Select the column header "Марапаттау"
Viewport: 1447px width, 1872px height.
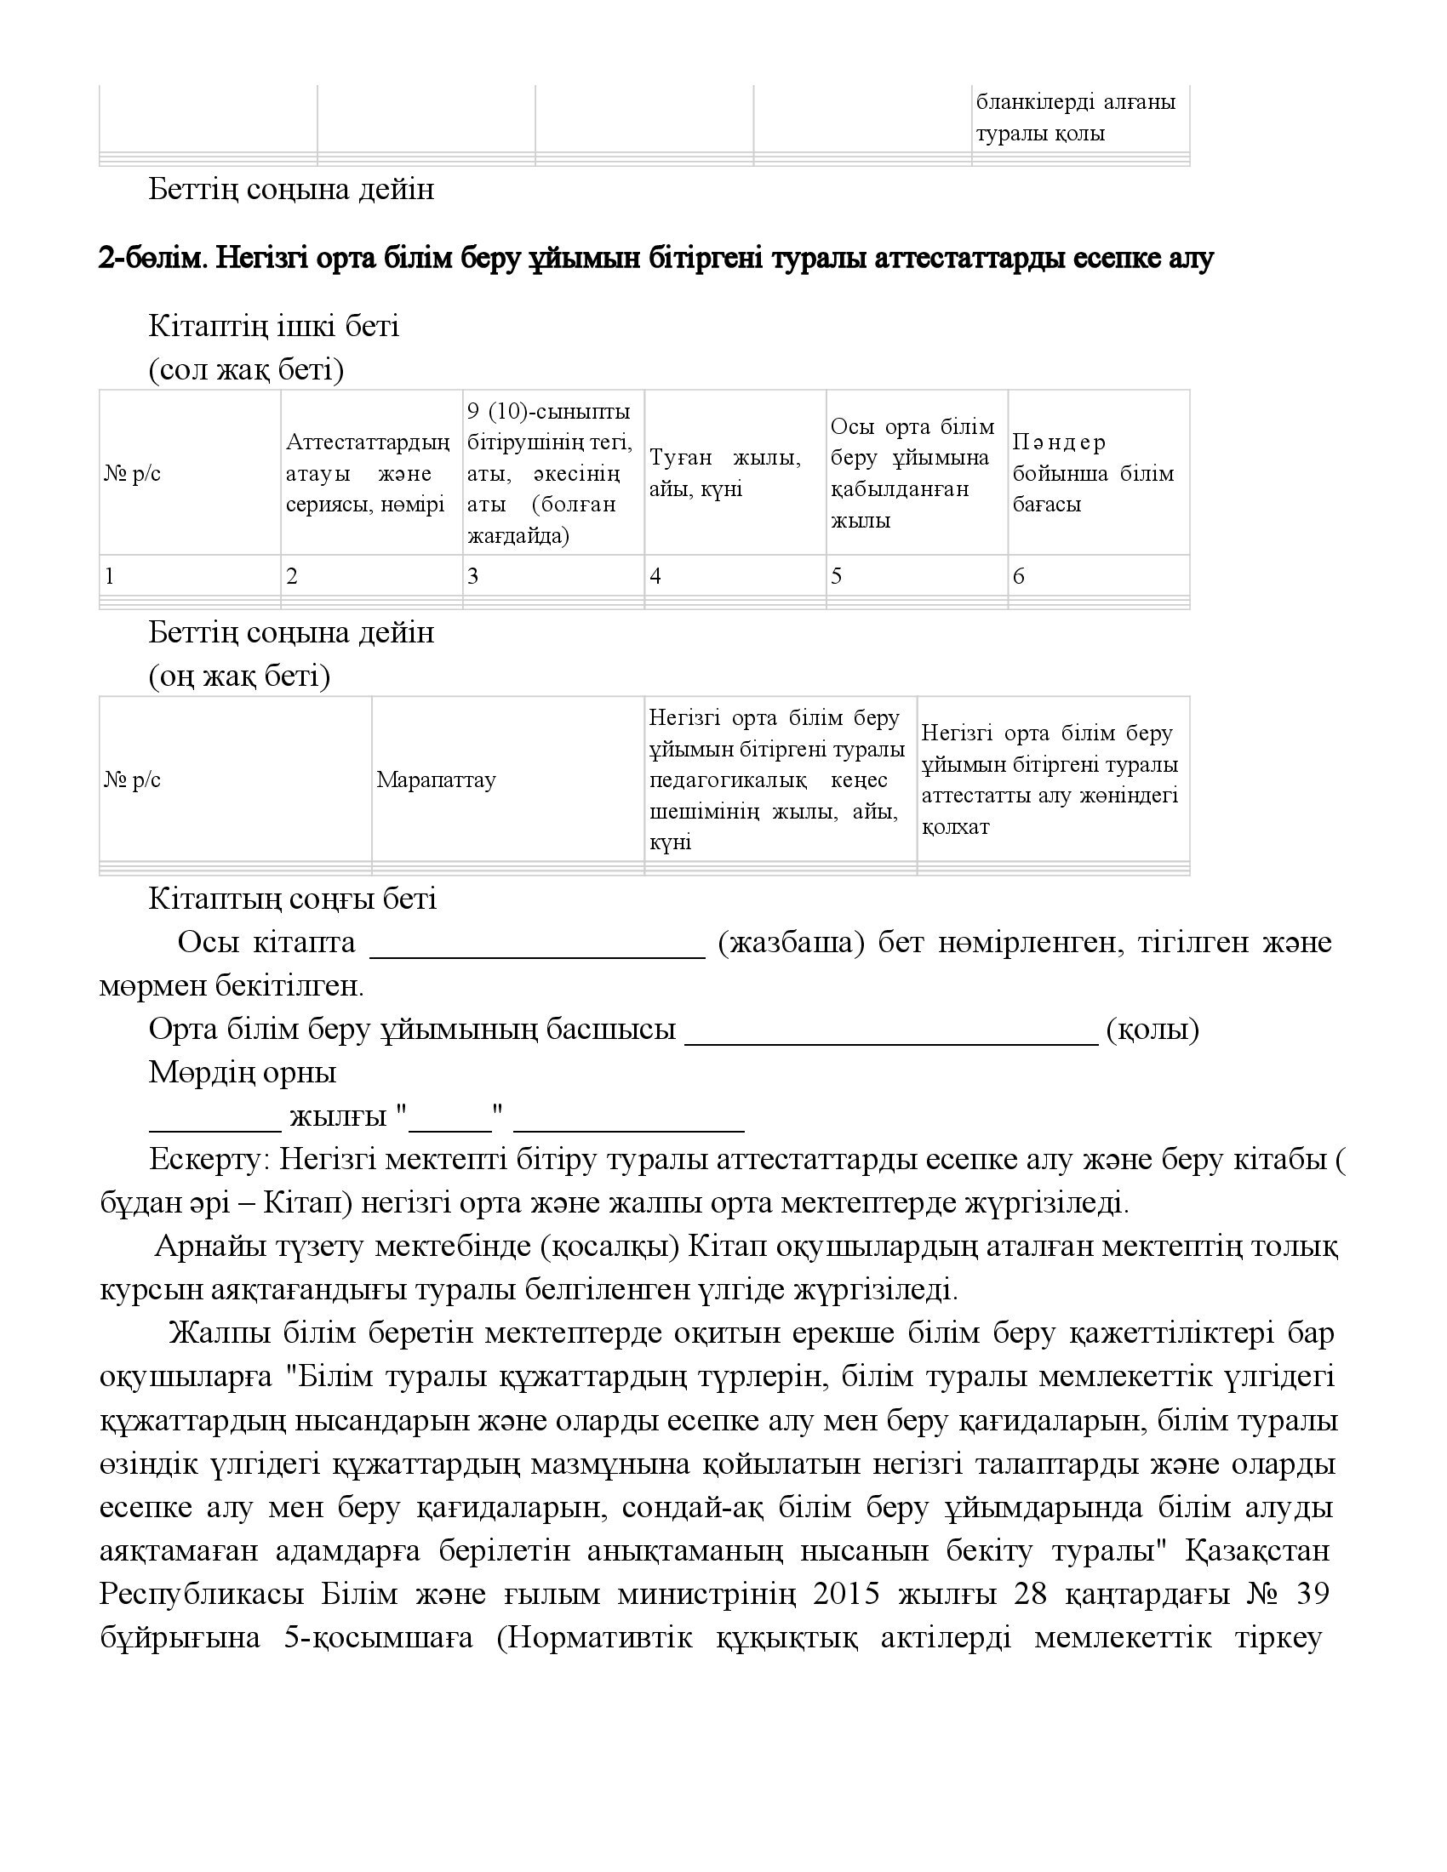(437, 780)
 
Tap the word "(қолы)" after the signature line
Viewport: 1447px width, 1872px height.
(1152, 1029)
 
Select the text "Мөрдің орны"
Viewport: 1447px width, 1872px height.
(243, 1072)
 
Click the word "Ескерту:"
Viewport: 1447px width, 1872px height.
(210, 1160)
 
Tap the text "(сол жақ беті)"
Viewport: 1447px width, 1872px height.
(246, 370)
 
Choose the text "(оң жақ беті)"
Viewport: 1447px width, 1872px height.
(239, 676)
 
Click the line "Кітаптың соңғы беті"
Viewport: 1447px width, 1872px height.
(292, 899)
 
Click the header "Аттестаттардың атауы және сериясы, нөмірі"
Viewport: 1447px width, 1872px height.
(368, 473)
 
